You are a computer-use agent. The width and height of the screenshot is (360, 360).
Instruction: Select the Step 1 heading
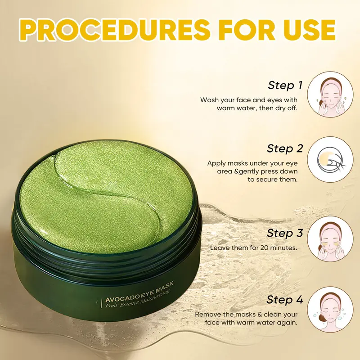click(x=285, y=85)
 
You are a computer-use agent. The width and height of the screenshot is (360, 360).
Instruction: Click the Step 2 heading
click(x=285, y=148)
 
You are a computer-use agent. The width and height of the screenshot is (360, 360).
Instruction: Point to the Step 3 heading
click(x=285, y=233)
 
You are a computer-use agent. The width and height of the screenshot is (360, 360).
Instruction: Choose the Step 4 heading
click(x=285, y=300)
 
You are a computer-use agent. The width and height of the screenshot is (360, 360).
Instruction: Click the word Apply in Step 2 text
click(x=216, y=163)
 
